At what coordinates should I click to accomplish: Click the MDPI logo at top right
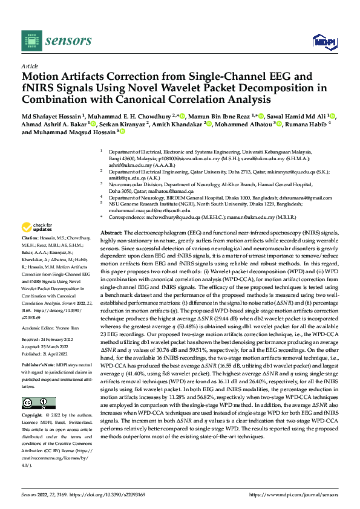[x=322, y=41]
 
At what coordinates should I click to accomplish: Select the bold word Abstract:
[x=111, y=233]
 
